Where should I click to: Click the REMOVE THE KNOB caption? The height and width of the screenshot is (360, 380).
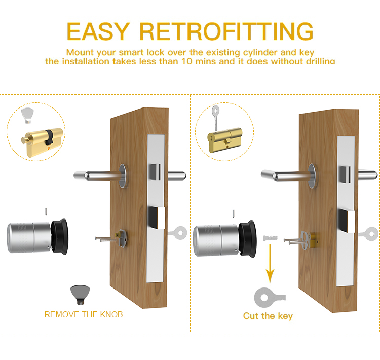click(x=84, y=314)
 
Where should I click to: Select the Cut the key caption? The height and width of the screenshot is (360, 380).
click(x=268, y=316)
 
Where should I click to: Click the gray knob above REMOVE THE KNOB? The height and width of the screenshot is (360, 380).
click(x=81, y=295)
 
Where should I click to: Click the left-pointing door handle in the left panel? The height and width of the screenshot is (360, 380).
click(x=99, y=175)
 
